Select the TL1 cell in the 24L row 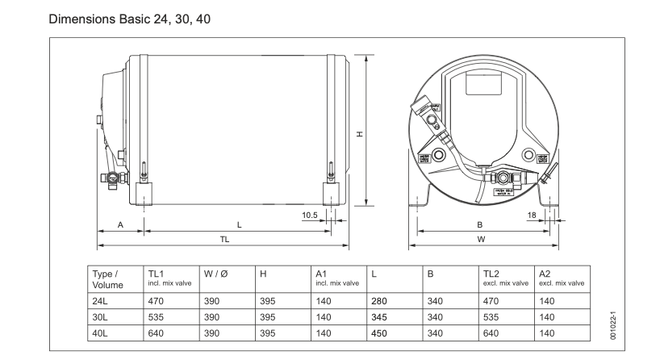156,299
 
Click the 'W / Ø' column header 214,274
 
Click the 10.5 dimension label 310,215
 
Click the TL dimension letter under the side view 223,240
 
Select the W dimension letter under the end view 481,240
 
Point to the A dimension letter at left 120,225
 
